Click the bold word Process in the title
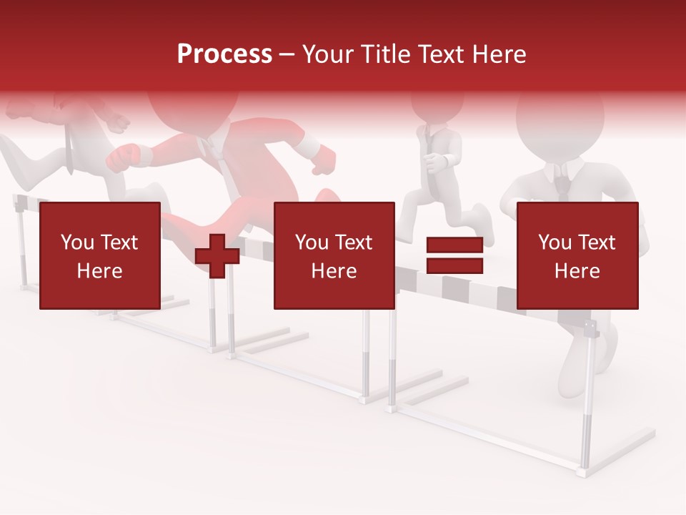pos(224,54)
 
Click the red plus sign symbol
pos(217,256)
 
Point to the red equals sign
pos(454,255)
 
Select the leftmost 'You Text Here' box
pos(99,255)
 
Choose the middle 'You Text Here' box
pos(334,255)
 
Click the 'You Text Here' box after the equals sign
pos(577,255)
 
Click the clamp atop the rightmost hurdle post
pos(590,328)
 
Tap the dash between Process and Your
pos(287,54)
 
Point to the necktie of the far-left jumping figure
pos(70,147)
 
